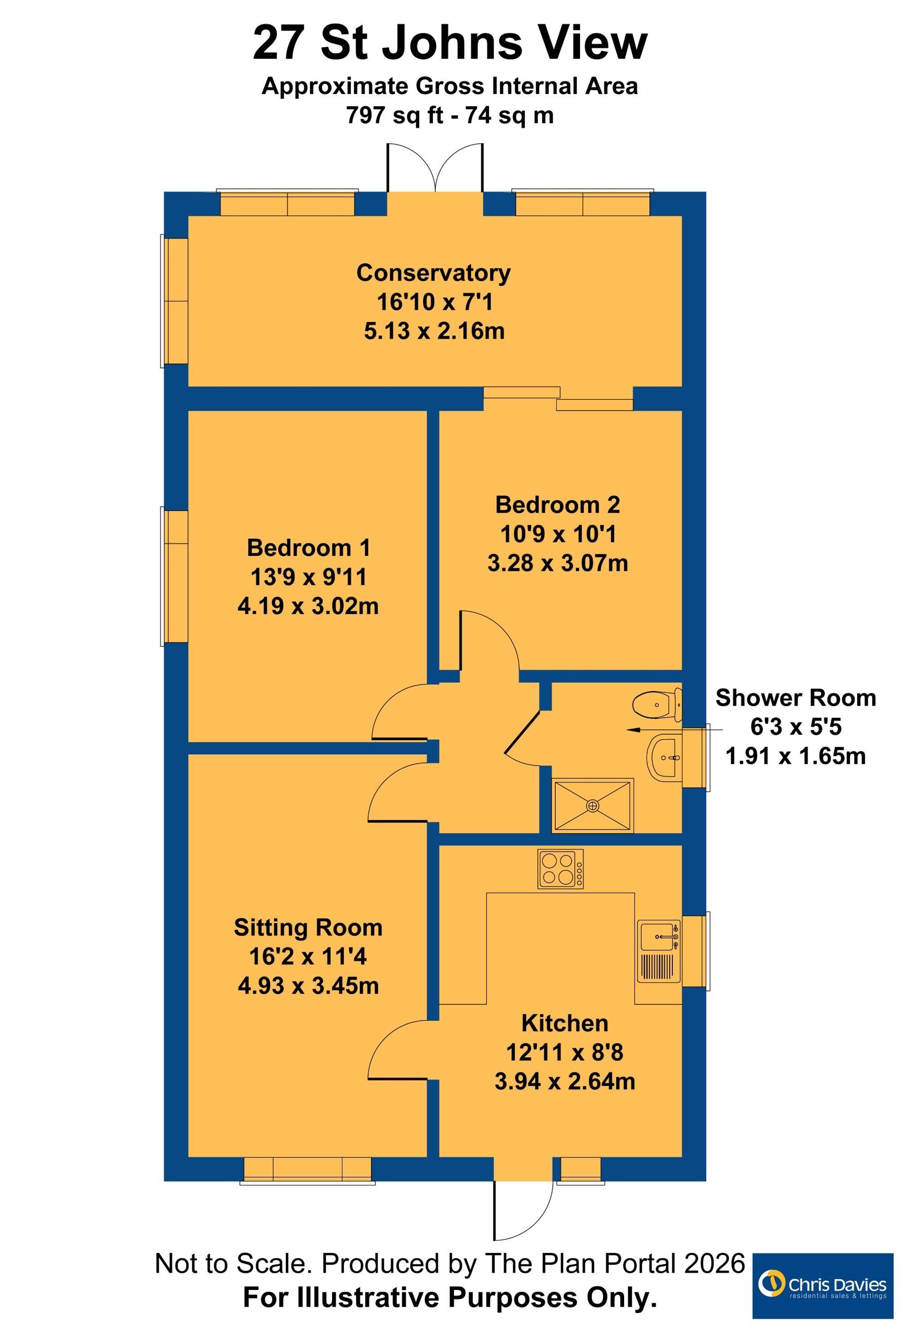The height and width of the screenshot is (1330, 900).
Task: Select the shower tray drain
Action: [x=592, y=806]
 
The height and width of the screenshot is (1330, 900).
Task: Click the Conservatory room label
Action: [x=433, y=273]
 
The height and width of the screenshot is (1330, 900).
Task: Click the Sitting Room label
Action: [x=308, y=927]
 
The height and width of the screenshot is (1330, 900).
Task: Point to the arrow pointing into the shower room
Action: [x=675, y=730]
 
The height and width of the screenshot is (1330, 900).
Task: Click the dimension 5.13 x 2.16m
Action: [x=434, y=331]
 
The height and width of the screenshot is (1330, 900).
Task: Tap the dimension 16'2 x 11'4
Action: [x=308, y=957]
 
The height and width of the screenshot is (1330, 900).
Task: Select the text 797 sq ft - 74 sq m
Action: [x=450, y=115]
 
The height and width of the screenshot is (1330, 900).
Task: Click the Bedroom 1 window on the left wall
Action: [x=175, y=576]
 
